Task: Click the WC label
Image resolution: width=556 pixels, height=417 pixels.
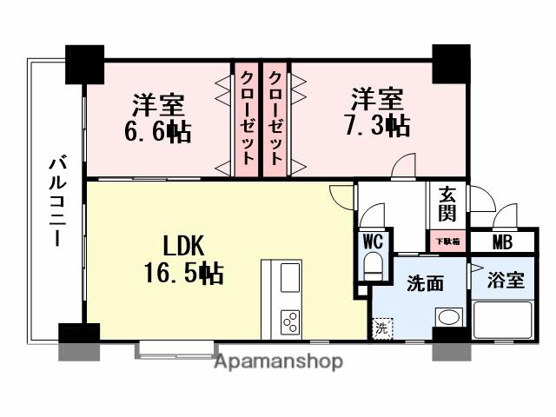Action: (x=374, y=240)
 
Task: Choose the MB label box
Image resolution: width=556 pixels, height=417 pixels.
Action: (x=501, y=242)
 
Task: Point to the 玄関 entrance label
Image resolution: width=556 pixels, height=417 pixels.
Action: (x=447, y=206)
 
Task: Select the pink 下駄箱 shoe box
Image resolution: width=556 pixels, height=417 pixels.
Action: (x=447, y=241)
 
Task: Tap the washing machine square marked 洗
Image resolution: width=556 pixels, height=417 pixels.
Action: (x=381, y=328)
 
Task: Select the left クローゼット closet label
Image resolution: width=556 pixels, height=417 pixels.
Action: (x=248, y=116)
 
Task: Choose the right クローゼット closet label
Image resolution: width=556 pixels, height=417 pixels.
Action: (x=275, y=116)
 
